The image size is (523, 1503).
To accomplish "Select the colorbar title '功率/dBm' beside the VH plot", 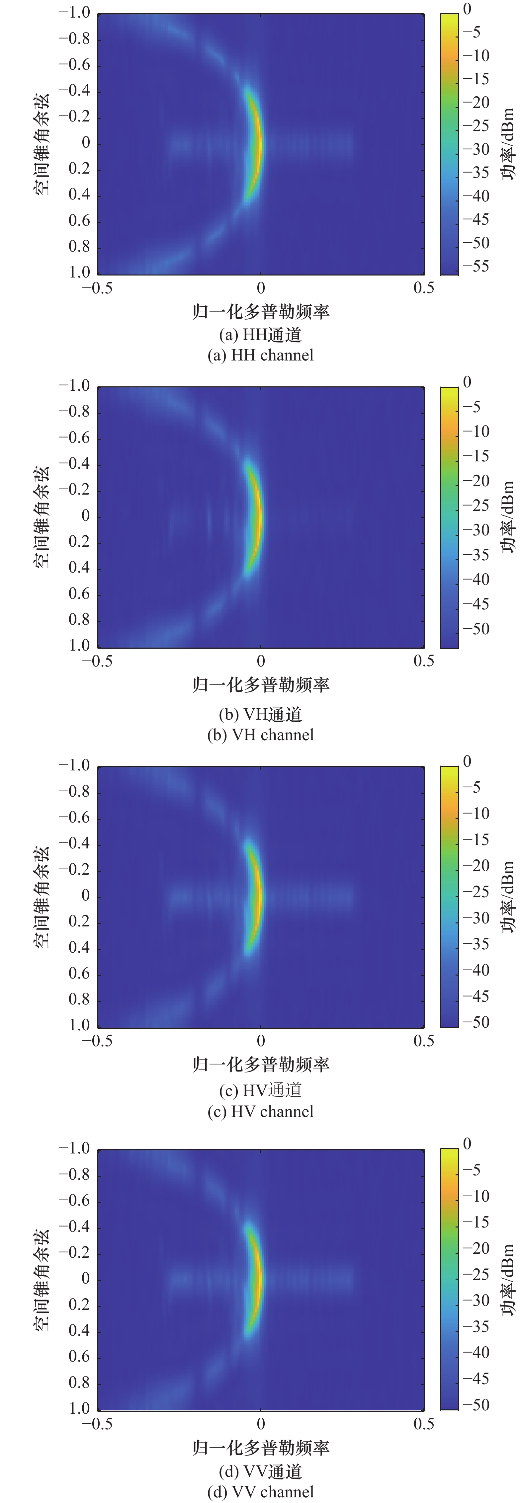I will (509, 517).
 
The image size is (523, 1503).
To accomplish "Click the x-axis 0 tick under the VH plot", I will (261, 661).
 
